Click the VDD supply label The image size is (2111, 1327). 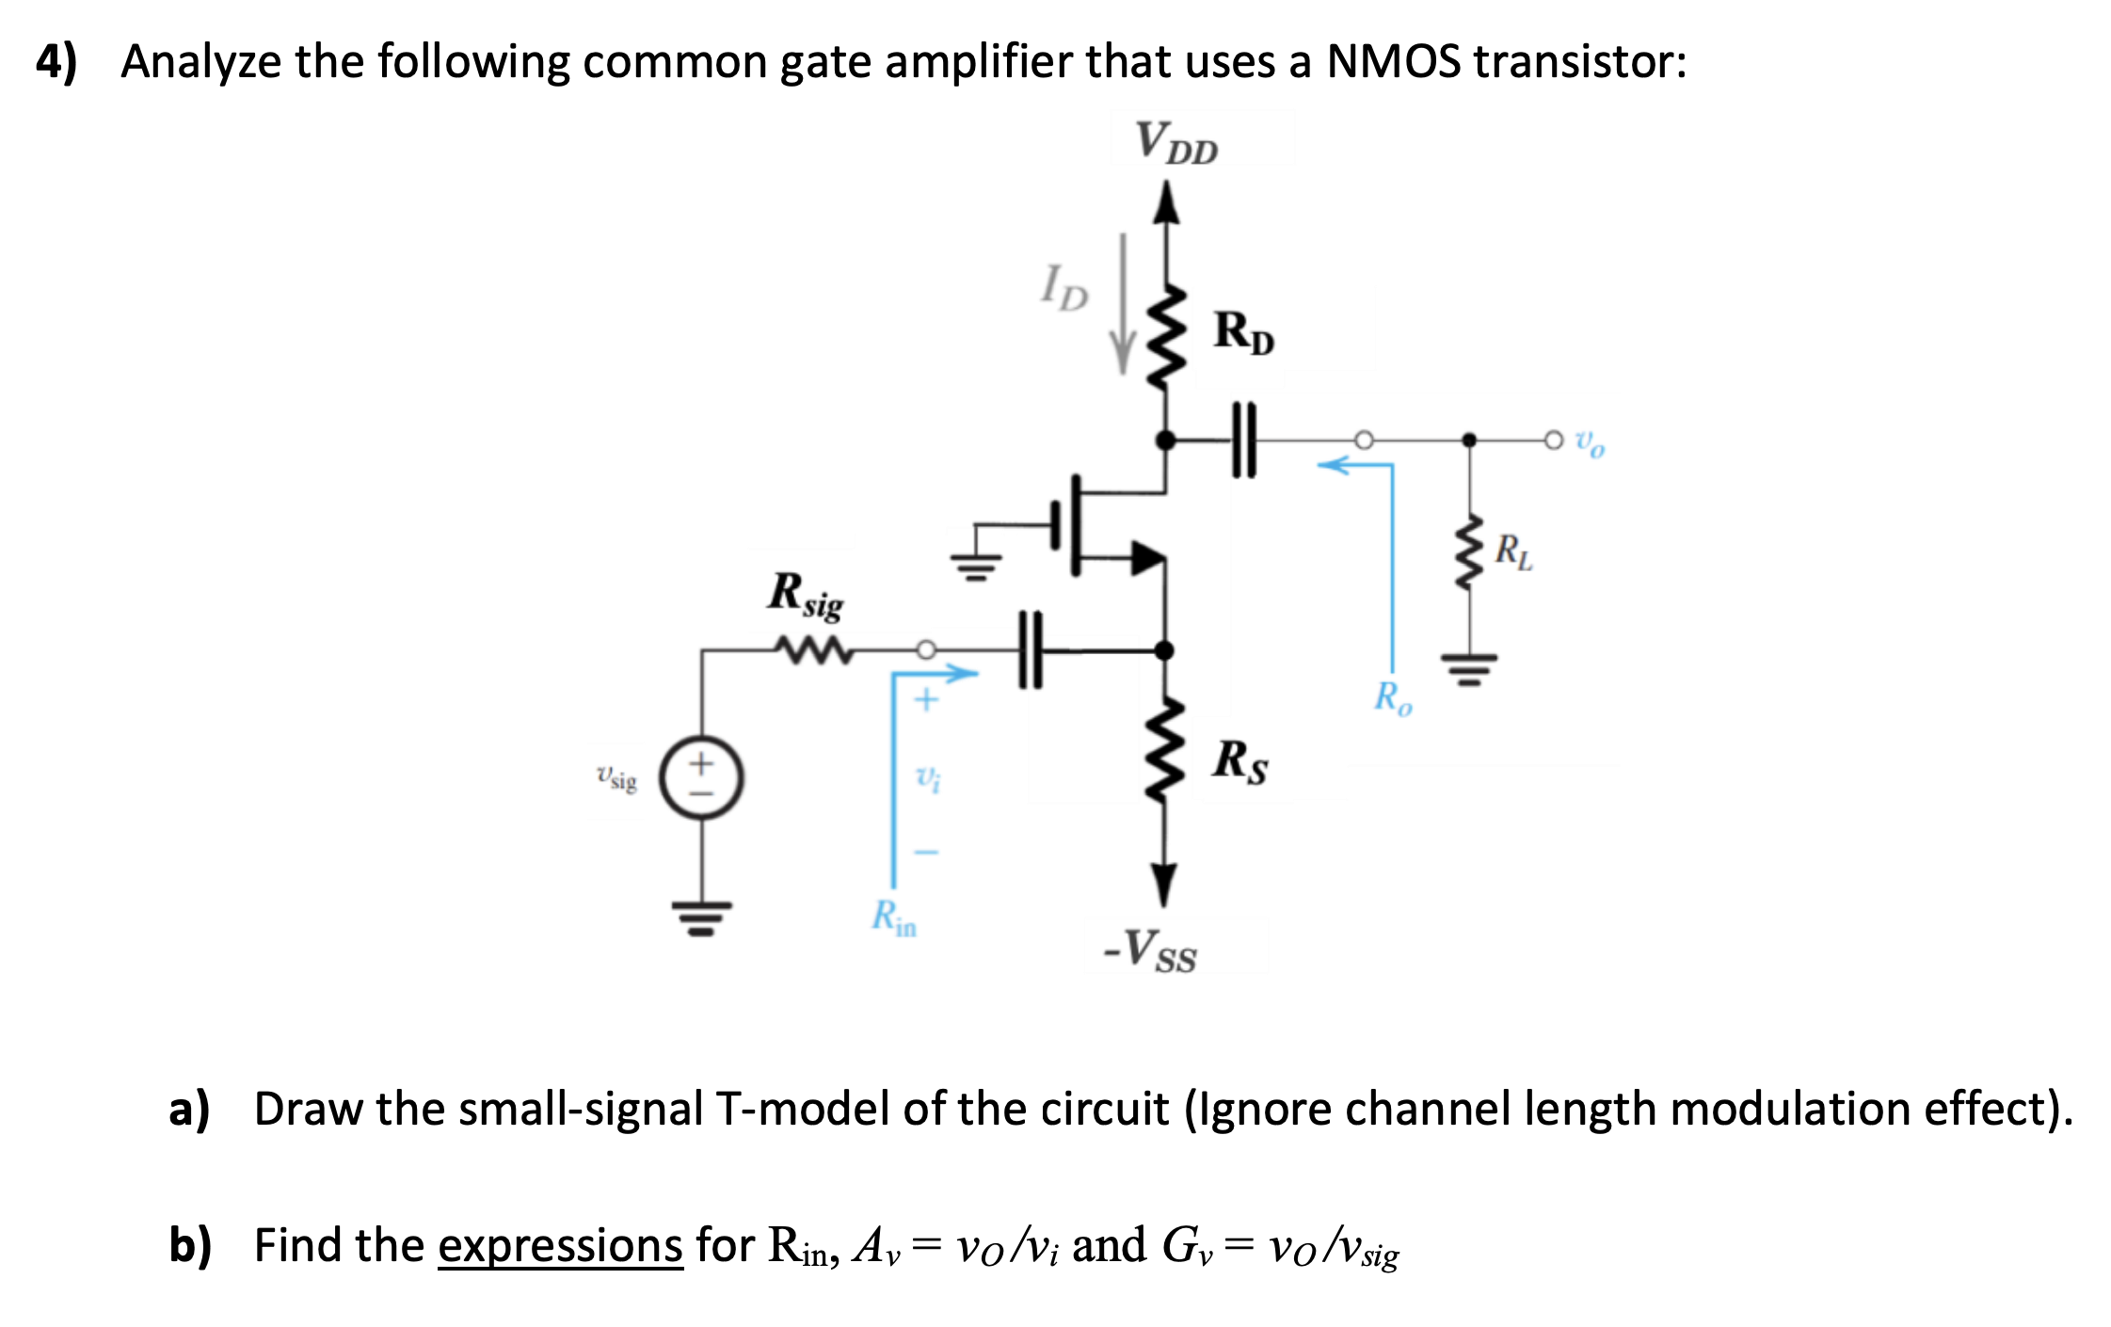coord(1176,143)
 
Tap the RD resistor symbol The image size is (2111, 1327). coord(1166,337)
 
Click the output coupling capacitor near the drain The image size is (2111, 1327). coord(1243,440)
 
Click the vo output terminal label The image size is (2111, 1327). coord(1591,441)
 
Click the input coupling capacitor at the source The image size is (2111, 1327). coord(1032,649)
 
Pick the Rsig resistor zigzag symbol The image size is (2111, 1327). coord(812,650)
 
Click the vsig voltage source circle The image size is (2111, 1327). coord(701,778)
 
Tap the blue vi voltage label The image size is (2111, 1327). coord(928,778)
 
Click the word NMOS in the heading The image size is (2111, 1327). coord(1394,62)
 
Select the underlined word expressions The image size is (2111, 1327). coord(560,1246)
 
